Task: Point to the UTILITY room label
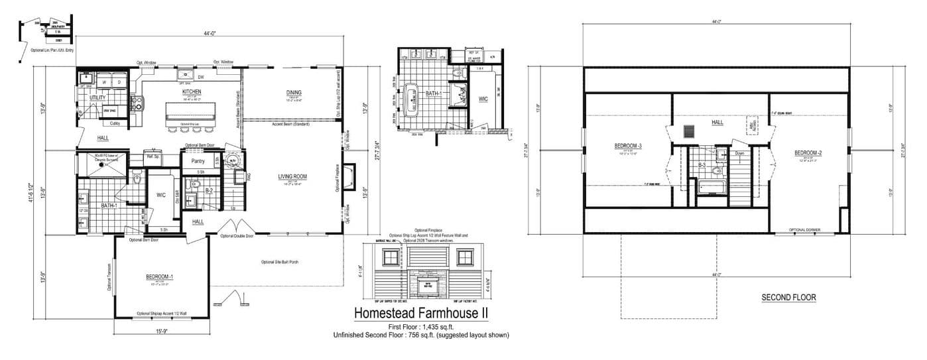click(x=97, y=97)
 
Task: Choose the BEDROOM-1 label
click(x=159, y=276)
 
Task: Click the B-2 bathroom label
click(x=208, y=190)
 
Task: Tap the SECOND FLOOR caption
click(x=788, y=298)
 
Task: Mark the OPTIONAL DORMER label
click(x=804, y=230)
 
